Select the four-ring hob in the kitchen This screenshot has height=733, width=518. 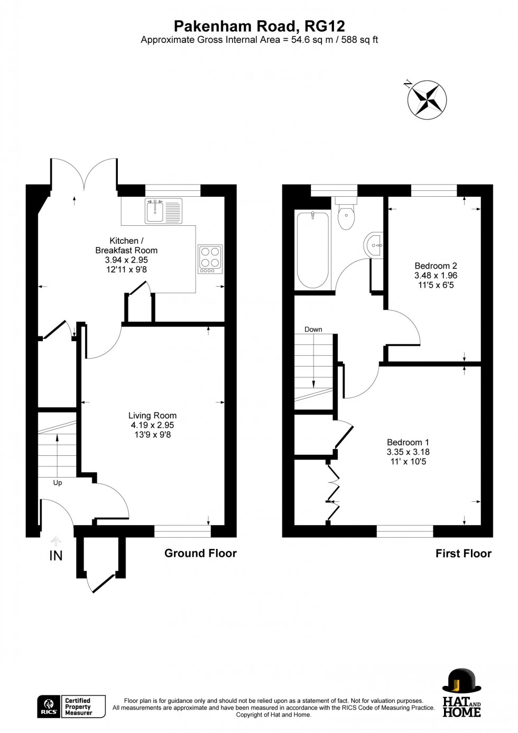(210, 259)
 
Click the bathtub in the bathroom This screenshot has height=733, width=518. (312, 250)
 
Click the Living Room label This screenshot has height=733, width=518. (152, 416)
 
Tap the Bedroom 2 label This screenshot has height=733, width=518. (436, 266)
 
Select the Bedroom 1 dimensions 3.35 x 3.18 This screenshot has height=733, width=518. (408, 452)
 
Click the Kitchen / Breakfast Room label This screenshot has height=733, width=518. (126, 245)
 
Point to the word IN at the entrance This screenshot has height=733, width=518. (55, 555)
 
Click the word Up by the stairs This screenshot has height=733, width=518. (58, 483)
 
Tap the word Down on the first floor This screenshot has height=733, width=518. (313, 329)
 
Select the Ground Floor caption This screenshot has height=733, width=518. (200, 553)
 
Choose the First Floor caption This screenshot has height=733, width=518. (463, 554)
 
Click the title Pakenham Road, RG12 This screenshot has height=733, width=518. (259, 26)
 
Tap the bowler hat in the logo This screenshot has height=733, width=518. (461, 681)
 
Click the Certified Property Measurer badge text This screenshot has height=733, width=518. (78, 707)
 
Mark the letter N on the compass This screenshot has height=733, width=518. (408, 83)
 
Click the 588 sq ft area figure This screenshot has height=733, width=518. (360, 40)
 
